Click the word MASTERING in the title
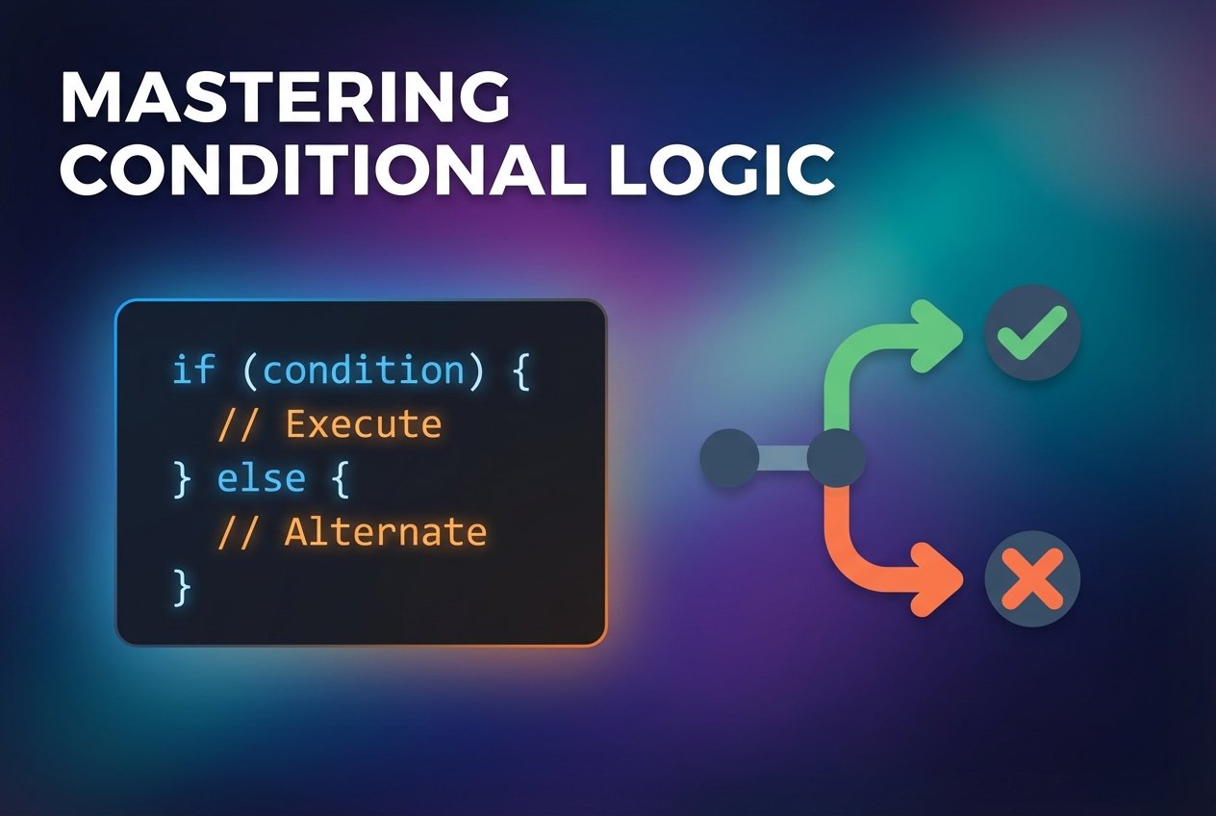[285, 98]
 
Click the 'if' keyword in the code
[193, 370]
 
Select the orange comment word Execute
[363, 424]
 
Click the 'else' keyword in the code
[261, 478]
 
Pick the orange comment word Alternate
[386, 532]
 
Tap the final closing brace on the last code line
[181, 586]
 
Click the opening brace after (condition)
[520, 370]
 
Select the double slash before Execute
[239, 424]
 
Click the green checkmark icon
[1032, 333]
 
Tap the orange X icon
[1032, 580]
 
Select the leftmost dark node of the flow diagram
[729, 458]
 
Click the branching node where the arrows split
[836, 458]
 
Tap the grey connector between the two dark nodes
[782, 458]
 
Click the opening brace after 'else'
[339, 478]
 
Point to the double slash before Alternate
[239, 532]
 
